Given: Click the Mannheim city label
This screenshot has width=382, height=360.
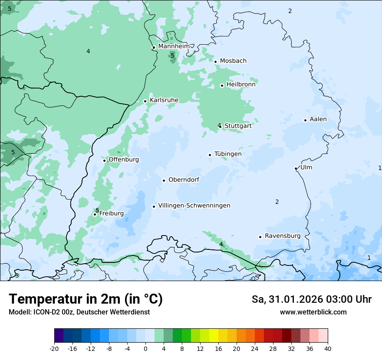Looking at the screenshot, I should [x=174, y=46].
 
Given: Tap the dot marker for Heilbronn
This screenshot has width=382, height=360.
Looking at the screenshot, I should [x=222, y=85].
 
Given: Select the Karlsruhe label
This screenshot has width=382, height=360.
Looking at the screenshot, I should [x=164, y=100].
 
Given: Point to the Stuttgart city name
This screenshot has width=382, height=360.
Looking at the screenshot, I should [x=238, y=126].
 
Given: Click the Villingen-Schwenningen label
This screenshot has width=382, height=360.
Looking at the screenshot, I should [x=194, y=206].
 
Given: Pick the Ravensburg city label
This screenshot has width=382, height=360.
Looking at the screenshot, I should [x=282, y=236].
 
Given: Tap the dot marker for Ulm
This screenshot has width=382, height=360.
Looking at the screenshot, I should [x=296, y=168].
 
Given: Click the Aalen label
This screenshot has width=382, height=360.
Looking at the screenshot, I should [x=318, y=119].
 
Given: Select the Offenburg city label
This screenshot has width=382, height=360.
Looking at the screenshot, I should [x=124, y=160].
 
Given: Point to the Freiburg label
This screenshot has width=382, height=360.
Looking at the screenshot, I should [x=112, y=213].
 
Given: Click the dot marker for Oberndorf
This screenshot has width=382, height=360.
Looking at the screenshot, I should [x=164, y=180].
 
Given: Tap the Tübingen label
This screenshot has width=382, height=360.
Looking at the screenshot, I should [x=228, y=154].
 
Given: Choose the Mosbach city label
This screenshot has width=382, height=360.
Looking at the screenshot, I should [x=233, y=61].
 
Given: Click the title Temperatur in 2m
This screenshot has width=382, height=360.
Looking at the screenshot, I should [x=86, y=299].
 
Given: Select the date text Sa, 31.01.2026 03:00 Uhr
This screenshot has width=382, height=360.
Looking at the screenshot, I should [x=311, y=299].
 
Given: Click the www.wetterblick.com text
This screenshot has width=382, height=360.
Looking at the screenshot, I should [x=313, y=312].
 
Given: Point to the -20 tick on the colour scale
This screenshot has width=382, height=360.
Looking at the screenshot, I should [x=54, y=348].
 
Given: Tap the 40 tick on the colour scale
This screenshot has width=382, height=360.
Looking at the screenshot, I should [x=328, y=348].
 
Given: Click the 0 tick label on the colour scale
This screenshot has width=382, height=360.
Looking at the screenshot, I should [x=145, y=348].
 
